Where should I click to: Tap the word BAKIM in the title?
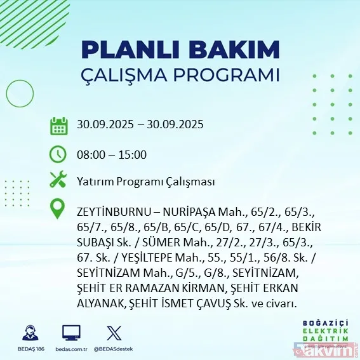point(236,50)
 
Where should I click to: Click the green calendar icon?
point(58,125)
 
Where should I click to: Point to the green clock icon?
point(58,154)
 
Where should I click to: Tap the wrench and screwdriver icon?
point(58,180)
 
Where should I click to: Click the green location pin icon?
point(58,209)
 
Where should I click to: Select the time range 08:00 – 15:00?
point(111,154)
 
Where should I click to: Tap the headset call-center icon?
point(28,333)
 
